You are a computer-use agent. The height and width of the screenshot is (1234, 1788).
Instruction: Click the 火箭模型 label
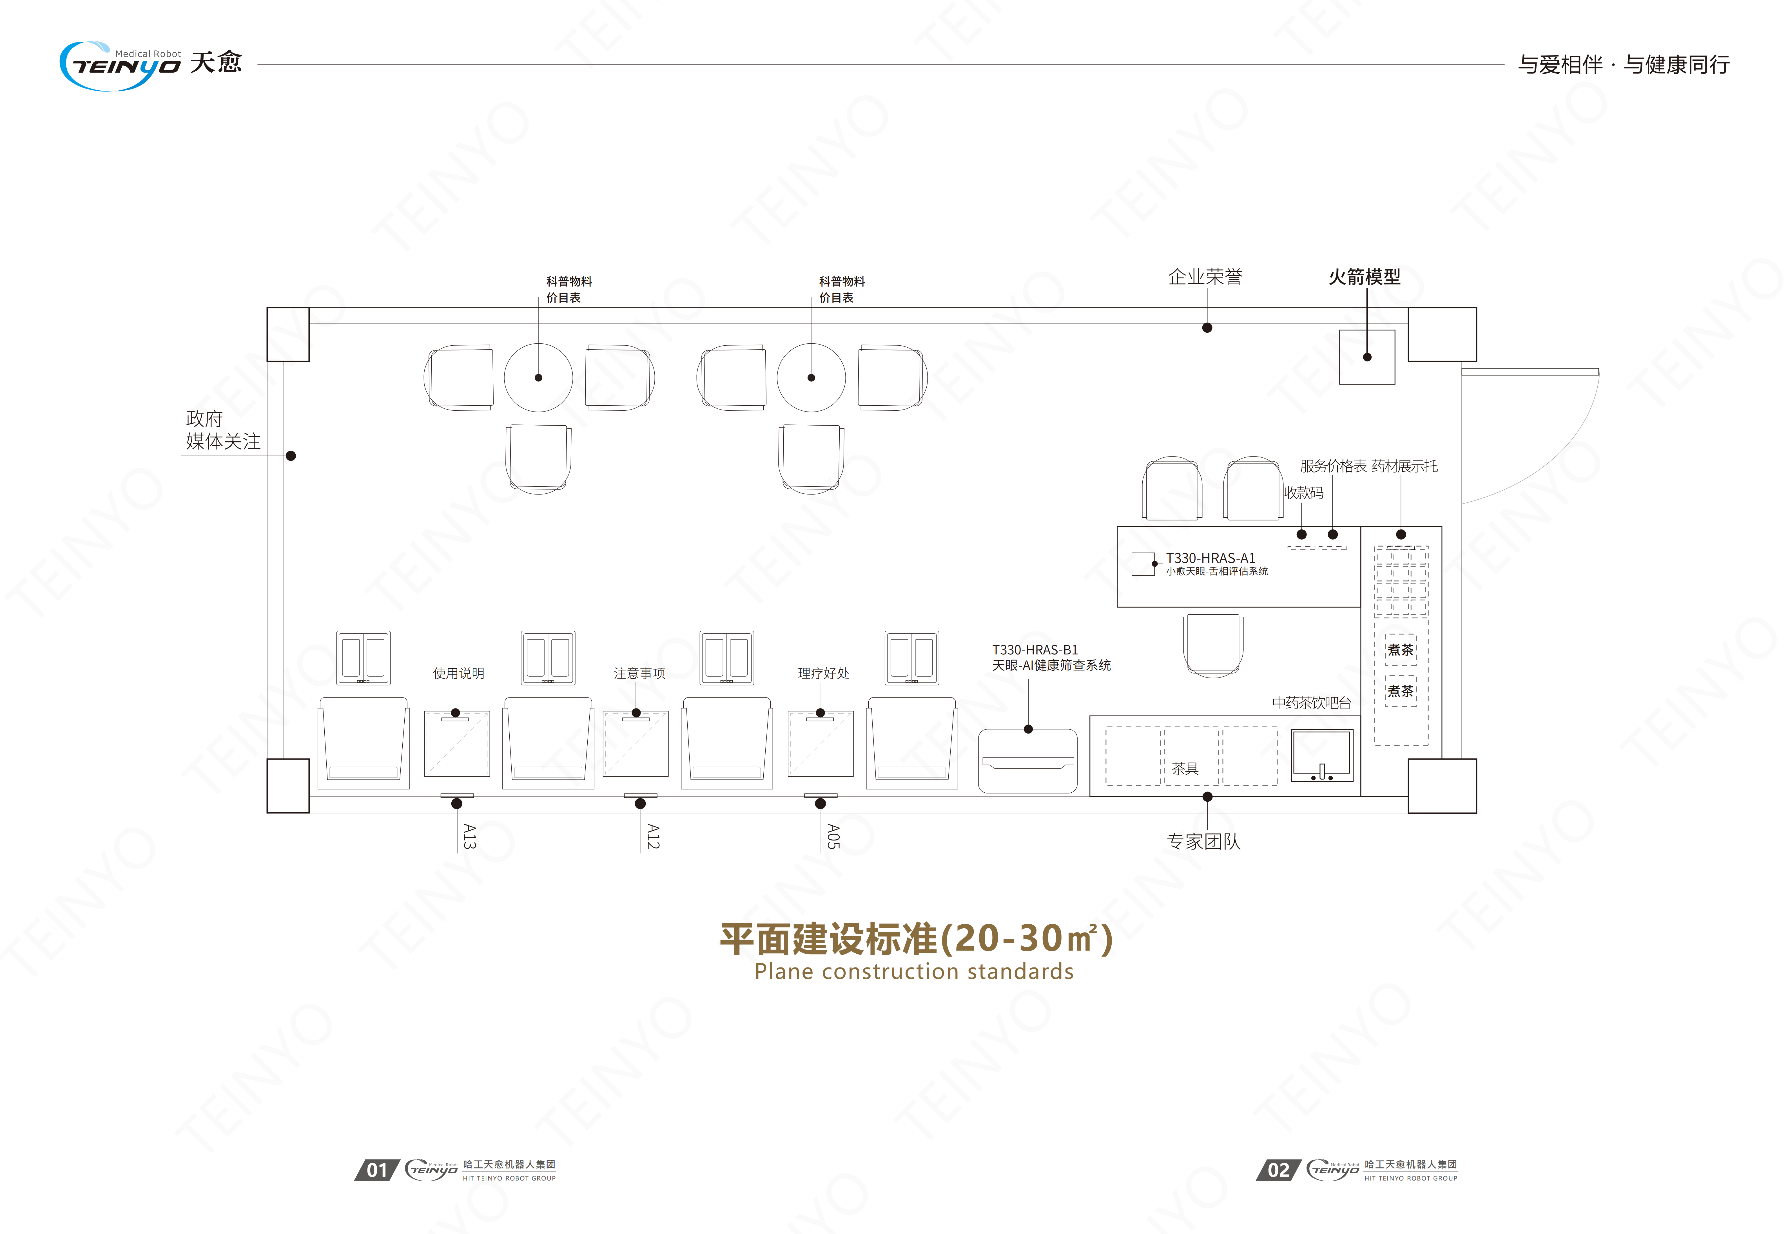(1364, 277)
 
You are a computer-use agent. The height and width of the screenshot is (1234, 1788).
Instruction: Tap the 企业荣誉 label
(1205, 277)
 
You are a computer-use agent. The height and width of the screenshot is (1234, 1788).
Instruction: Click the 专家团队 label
(1203, 841)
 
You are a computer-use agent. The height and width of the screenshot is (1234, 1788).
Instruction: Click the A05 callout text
(833, 837)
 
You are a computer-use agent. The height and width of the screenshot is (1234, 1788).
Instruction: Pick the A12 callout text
(653, 837)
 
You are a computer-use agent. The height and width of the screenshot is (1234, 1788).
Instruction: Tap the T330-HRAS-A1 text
(1210, 557)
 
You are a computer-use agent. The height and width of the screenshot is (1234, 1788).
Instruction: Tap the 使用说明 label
(459, 674)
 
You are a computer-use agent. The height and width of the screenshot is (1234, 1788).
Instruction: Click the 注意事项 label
(639, 674)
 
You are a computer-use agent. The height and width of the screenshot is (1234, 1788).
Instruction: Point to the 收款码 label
(1304, 493)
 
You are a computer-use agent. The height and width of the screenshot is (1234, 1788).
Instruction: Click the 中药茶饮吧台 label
(1312, 703)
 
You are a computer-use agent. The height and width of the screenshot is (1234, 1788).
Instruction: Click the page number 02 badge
(1278, 1170)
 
